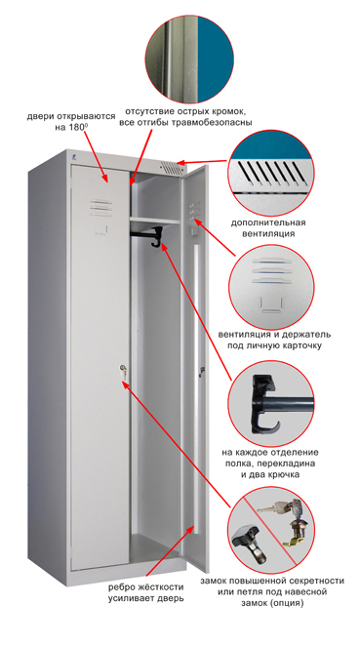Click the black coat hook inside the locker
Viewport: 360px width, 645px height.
pyautogui.click(x=155, y=238)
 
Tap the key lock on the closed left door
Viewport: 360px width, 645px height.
pyautogui.click(x=123, y=371)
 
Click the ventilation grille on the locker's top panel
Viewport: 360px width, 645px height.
pyautogui.click(x=170, y=168)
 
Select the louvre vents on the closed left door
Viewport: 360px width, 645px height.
pyautogui.click(x=101, y=207)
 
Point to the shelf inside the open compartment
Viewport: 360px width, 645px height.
pyautogui.click(x=155, y=221)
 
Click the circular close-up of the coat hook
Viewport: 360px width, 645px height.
pyautogui.click(x=271, y=404)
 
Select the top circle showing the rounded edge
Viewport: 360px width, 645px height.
pyautogui.click(x=189, y=58)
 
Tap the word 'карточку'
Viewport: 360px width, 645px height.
pyautogui.click(x=302, y=345)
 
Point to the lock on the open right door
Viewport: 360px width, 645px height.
pyautogui.click(x=202, y=372)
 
